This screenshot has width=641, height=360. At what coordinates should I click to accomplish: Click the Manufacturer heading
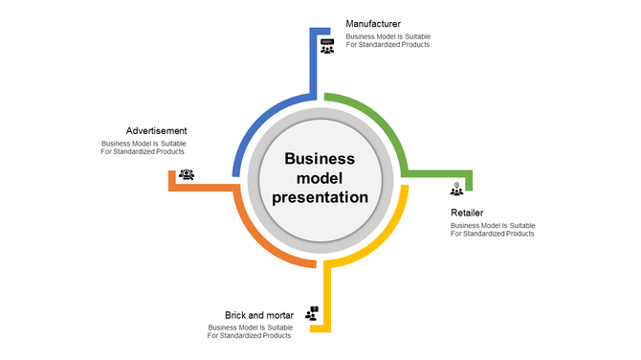tap(373, 23)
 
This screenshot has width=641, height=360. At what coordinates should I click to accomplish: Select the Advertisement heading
tap(156, 130)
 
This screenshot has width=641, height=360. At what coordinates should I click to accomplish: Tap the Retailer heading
tap(467, 213)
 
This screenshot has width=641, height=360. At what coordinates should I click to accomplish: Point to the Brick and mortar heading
tap(258, 314)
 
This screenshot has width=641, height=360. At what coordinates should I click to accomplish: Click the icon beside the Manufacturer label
tap(327, 46)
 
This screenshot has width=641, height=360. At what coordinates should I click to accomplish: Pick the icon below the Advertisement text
tap(187, 174)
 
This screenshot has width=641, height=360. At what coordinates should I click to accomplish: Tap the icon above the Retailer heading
tap(456, 189)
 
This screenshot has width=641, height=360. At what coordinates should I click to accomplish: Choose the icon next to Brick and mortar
tap(312, 313)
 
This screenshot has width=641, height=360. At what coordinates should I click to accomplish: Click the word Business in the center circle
tap(320, 159)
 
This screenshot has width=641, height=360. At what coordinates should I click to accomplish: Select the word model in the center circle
tap(320, 178)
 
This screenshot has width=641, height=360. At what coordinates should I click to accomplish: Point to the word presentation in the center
tap(320, 197)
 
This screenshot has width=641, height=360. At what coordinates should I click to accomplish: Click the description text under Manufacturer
tap(387, 41)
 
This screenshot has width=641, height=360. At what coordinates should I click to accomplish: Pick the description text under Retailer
tap(492, 230)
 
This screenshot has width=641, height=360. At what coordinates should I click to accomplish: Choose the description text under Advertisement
tap(144, 147)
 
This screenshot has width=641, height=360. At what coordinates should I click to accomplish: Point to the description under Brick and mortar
tap(251, 331)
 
